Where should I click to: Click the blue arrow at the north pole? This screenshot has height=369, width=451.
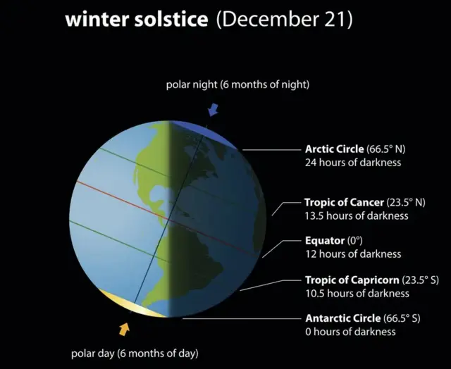tap(213, 109)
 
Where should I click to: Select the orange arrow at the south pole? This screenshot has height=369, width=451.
tap(125, 328)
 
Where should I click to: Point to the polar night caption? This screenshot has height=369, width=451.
tap(237, 85)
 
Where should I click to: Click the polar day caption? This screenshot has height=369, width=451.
tap(135, 352)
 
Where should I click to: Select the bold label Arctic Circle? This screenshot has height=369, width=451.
tap(335, 149)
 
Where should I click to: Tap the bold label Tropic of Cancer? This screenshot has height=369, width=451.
tap(343, 202)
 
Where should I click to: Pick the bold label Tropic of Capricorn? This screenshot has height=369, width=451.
tap(350, 280)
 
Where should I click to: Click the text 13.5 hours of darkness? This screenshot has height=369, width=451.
tap(356, 215)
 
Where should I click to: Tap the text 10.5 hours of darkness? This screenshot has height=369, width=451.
tap(357, 293)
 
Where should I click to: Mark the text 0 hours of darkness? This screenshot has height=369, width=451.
tap(350, 332)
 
